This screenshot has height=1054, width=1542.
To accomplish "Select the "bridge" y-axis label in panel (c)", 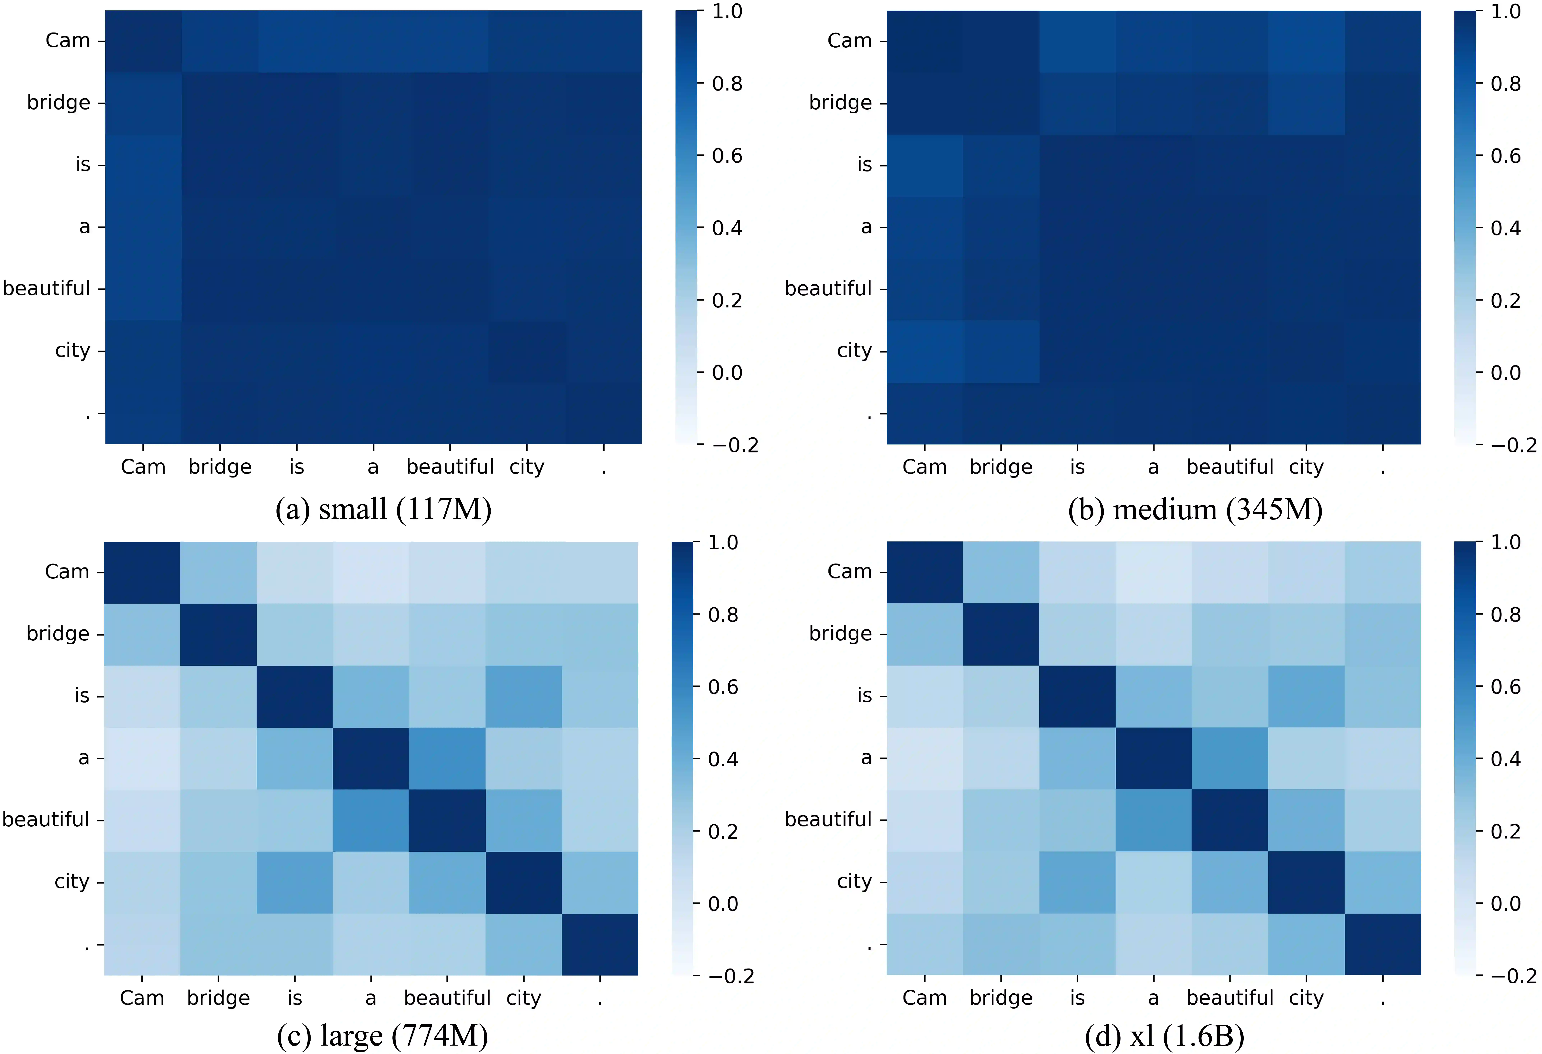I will click(x=58, y=633).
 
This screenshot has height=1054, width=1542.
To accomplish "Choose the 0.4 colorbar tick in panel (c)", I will click(x=723, y=759).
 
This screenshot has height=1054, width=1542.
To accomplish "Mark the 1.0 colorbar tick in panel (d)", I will click(x=1506, y=542).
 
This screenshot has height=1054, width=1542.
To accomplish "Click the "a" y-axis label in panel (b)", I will click(x=866, y=227).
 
